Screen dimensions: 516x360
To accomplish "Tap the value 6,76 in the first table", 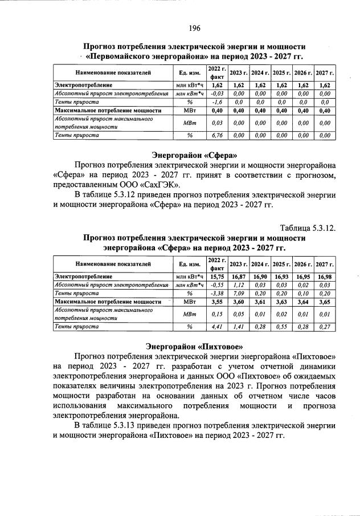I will pyautogui.click(x=216, y=136).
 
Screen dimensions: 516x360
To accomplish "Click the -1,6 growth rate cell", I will pyautogui.click(x=216, y=101).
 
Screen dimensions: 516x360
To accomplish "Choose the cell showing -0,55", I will pyautogui.click(x=216, y=285).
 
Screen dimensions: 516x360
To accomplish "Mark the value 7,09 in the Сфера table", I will pyautogui.click(x=239, y=293).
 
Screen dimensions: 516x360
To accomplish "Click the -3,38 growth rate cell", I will pyautogui.click(x=216, y=293).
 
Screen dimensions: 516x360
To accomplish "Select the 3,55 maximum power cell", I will pyautogui.click(x=216, y=302).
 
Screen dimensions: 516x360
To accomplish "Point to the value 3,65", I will pyautogui.click(x=325, y=302).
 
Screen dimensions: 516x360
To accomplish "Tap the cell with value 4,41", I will pyautogui.click(x=216, y=327).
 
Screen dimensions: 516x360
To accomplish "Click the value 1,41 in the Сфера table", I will pyautogui.click(x=239, y=327).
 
